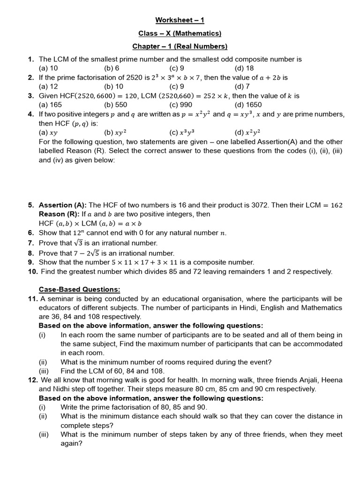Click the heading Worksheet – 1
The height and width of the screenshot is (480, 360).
(180, 20)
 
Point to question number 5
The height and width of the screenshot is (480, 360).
(31, 205)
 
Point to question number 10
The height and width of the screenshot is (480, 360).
(33, 271)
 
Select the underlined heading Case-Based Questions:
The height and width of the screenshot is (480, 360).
(80, 289)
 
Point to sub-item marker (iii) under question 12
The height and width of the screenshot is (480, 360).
(44, 435)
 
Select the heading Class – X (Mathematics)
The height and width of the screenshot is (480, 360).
(180, 33)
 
